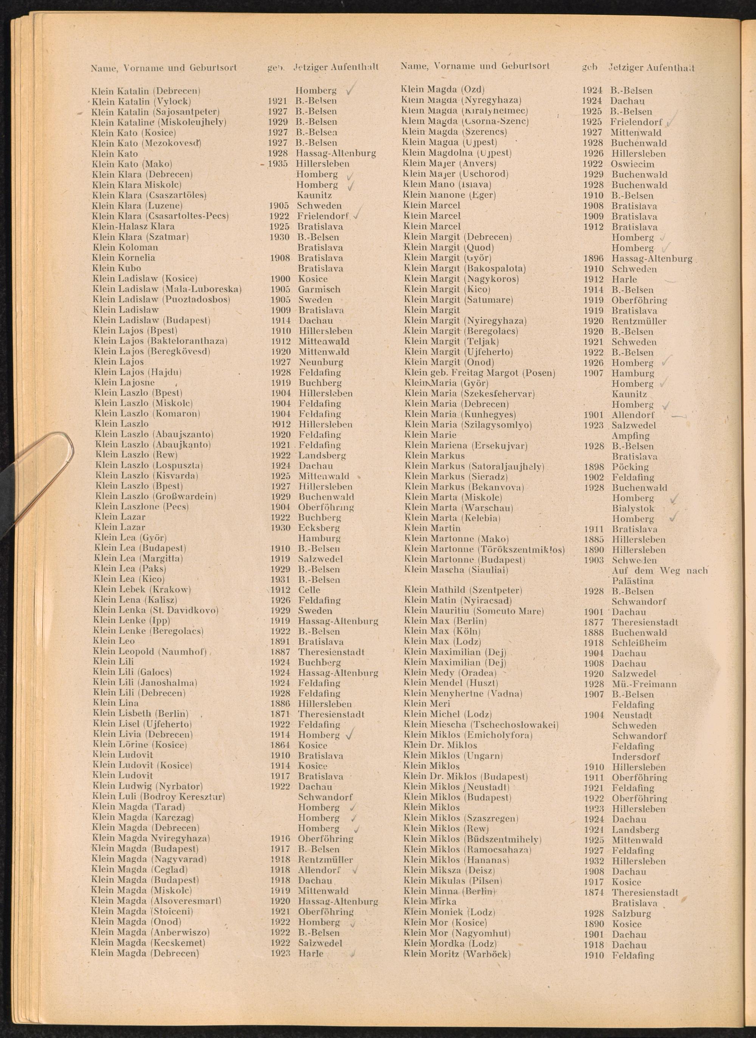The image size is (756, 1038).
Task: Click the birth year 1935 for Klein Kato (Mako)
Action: pos(278,164)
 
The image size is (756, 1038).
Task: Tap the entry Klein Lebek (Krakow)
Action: pos(142,589)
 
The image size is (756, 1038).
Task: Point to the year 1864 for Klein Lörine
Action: pos(280,745)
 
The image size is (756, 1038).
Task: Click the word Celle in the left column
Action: pos(309,590)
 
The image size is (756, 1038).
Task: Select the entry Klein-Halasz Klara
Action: pos(133,226)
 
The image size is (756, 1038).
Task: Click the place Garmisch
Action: pos(319,289)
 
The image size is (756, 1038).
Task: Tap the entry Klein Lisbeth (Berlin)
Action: pos(141,714)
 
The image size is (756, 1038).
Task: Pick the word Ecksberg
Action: pos(319,528)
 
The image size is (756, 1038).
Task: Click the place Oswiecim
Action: pos(632,164)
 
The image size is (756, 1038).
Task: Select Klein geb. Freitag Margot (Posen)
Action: pos(480,373)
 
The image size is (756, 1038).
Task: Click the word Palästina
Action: pos(632,581)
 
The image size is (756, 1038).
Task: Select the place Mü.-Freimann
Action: pos(644,685)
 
